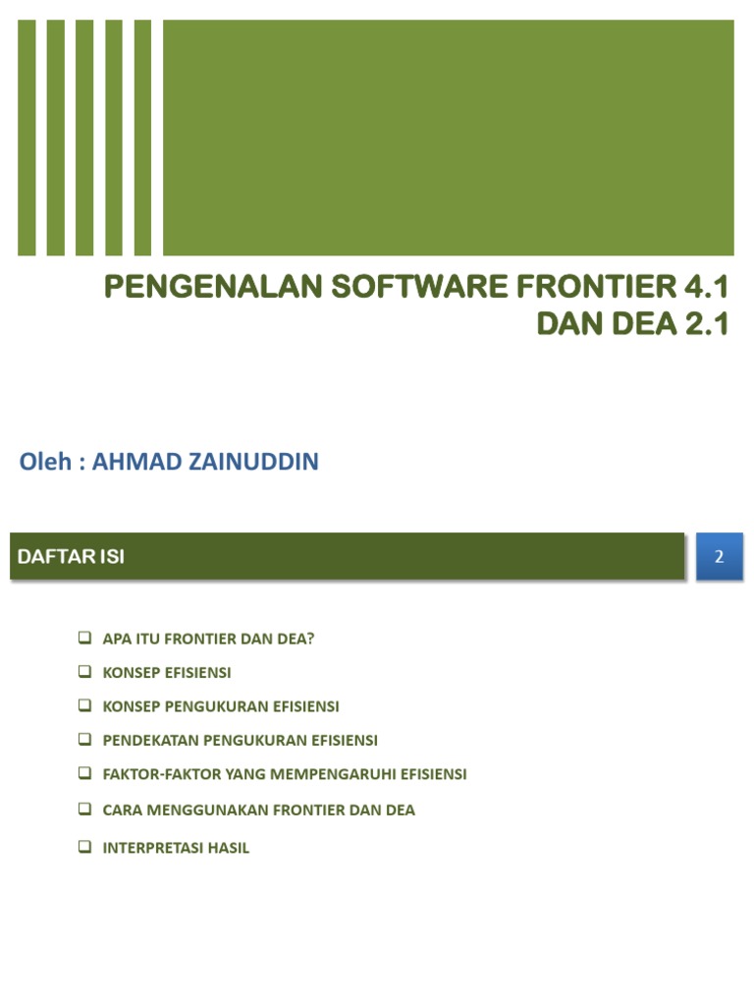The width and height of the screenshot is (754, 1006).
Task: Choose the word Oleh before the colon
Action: (x=46, y=462)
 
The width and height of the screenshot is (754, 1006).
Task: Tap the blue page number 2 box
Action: (x=719, y=557)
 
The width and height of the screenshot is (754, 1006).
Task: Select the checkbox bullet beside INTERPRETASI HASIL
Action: (x=84, y=846)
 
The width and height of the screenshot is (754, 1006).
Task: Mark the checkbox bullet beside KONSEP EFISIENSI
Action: (x=84, y=673)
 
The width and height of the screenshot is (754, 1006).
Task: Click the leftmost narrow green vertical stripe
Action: (x=27, y=138)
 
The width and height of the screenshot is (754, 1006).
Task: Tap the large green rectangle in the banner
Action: (x=448, y=138)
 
